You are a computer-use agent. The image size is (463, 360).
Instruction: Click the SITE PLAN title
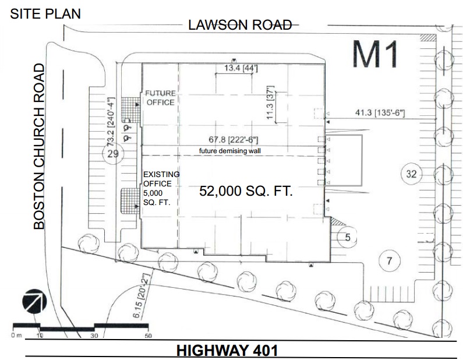pos(45,14)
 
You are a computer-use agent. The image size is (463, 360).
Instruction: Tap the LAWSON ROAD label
pos(240,25)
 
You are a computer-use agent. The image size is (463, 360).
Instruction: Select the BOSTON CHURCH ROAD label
pos(39,147)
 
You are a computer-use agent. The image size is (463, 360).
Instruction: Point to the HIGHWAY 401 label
pos(227,351)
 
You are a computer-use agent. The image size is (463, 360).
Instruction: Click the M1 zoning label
pos(376,54)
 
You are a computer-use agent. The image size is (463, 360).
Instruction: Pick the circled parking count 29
pos(113,154)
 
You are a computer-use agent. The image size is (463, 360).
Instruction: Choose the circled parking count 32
pos(411,174)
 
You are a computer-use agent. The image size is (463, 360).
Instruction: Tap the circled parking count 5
pos(348,237)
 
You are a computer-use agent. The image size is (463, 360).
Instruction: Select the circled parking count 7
pos(390,261)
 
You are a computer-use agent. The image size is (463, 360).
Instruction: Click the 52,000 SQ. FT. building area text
pos(246,191)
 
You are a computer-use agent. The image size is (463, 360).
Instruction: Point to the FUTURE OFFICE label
pos(160,98)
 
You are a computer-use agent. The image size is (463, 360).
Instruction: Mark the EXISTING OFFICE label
pos(161,179)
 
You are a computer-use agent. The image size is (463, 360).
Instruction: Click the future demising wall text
pos(229,151)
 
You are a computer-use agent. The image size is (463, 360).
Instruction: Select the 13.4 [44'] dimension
pos(241,68)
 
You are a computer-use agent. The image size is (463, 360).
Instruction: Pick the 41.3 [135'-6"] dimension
pos(380,112)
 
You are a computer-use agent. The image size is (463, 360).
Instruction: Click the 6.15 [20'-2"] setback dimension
pos(142,295)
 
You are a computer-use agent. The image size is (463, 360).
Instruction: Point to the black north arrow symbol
pos(34,301)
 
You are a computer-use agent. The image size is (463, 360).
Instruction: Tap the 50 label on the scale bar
pos(149,336)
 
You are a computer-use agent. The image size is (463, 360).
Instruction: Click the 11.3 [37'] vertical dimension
pos(270,103)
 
